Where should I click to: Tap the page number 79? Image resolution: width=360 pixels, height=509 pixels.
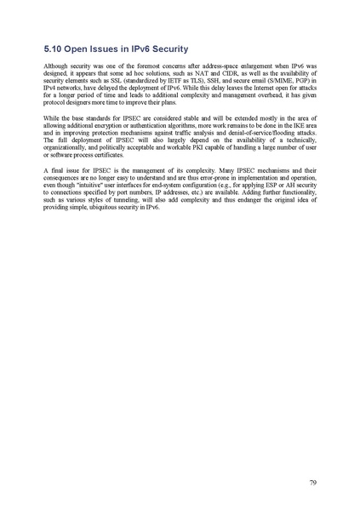(x=313, y=483)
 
